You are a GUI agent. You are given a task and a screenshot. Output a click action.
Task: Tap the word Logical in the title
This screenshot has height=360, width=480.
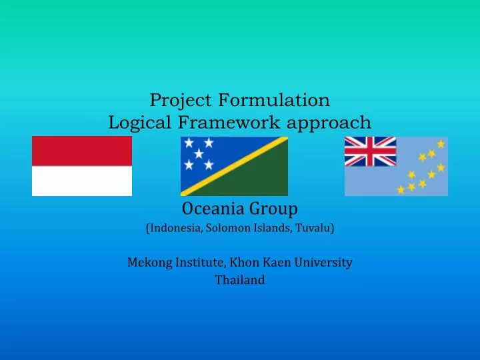(139, 123)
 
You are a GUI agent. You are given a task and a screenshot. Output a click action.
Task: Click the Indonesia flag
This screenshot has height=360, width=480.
(82, 166)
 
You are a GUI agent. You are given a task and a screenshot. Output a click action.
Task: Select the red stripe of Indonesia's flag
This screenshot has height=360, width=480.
(82, 151)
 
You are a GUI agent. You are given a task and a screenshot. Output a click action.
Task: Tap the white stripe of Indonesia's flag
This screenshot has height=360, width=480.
(82, 181)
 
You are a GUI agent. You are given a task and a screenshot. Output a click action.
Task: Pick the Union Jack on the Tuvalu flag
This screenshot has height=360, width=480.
(370, 151)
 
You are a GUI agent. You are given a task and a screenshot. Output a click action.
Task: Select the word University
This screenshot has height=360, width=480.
(325, 263)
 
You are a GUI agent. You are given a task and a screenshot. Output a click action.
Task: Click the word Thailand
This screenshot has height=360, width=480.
(239, 280)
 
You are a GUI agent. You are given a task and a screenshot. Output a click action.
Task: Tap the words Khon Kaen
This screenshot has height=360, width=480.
(261, 263)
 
